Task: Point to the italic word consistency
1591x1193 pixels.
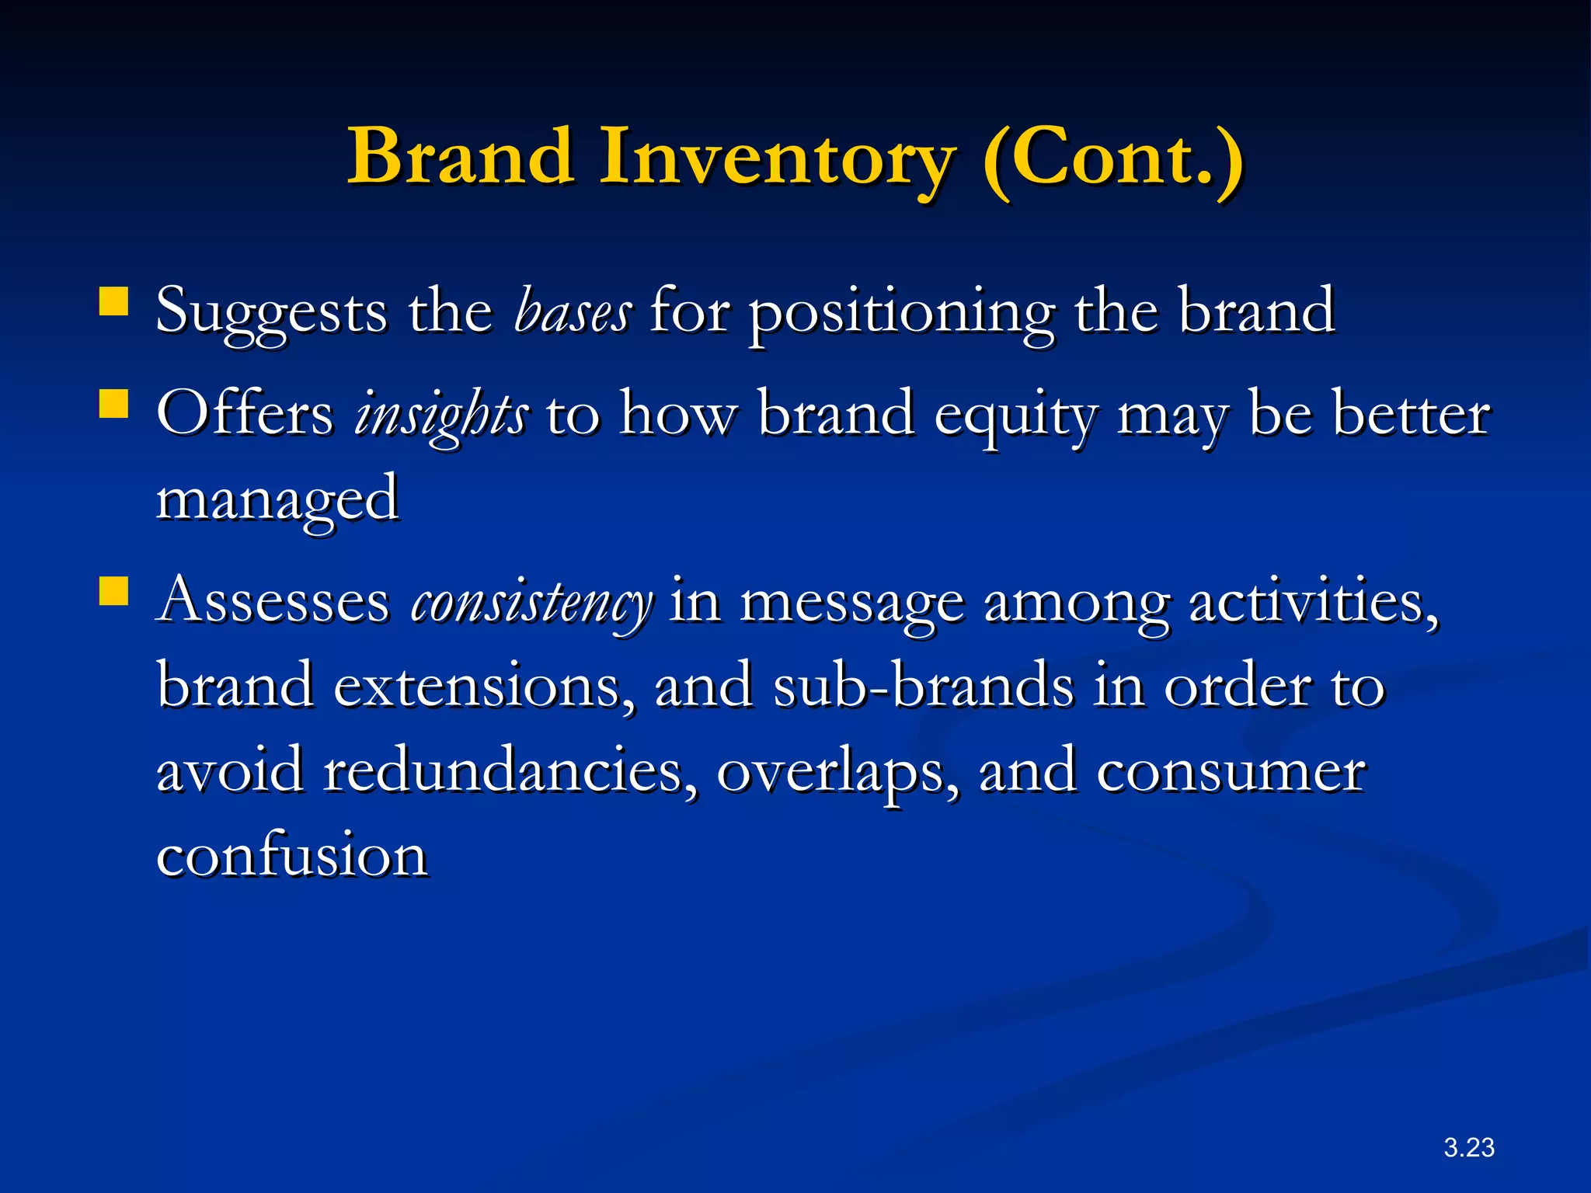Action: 531,603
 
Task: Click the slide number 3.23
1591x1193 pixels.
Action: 1468,1147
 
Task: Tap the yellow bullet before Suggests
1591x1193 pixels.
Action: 113,301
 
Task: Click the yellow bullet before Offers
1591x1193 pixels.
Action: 113,404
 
